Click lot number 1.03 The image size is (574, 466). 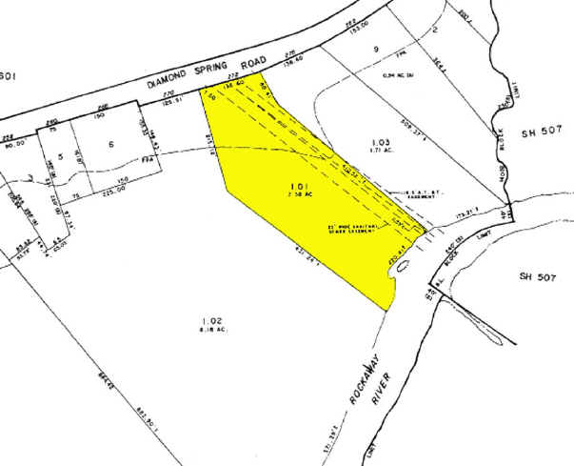(381, 142)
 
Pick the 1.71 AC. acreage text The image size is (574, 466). (381, 152)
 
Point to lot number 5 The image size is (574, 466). (59, 154)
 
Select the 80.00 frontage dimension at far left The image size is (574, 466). (14, 146)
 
